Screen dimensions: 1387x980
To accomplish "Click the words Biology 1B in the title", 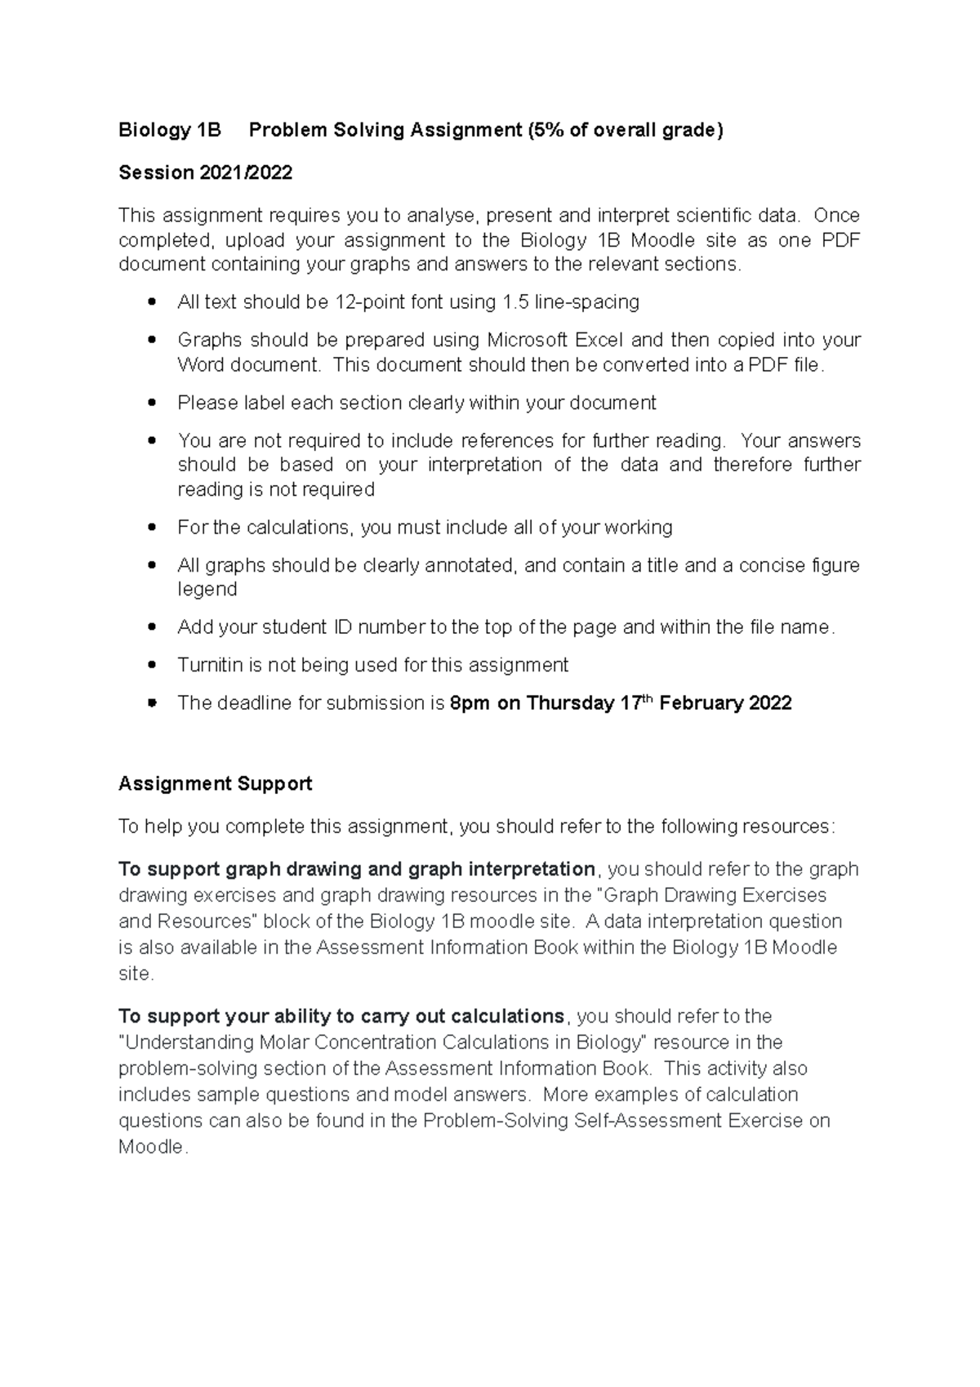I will click(x=170, y=130).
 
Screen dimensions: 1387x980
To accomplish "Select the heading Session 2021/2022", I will click(x=205, y=172).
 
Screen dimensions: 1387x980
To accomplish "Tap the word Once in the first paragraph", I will click(x=836, y=216).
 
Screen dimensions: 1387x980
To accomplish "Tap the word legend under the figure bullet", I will click(x=207, y=590).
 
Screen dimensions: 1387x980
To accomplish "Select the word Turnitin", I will click(x=210, y=665).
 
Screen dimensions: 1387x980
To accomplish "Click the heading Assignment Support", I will click(x=215, y=784).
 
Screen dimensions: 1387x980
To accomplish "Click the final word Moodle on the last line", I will click(x=152, y=1148).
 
